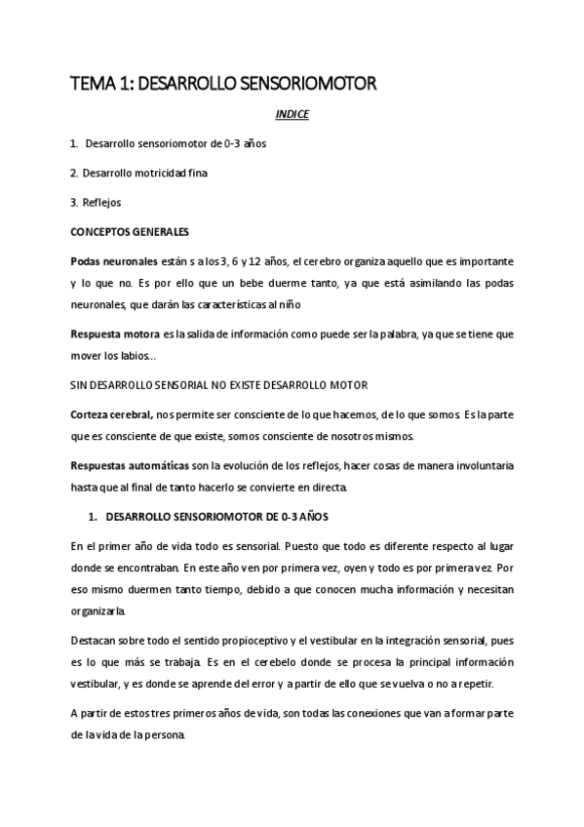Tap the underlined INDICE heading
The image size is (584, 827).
click(x=292, y=114)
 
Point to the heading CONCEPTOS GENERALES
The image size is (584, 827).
click(x=123, y=231)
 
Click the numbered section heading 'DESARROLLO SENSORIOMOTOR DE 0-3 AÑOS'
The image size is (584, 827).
click(x=221, y=515)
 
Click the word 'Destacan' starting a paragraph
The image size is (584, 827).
click(x=92, y=642)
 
